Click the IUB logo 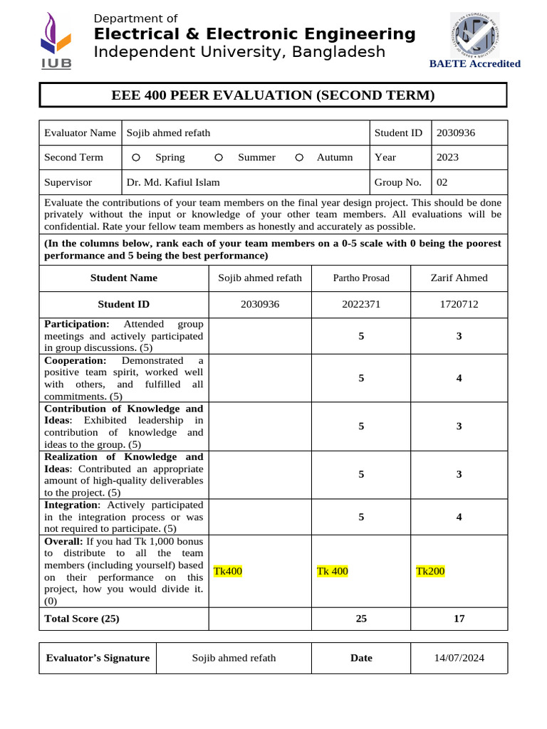pyautogui.click(x=56, y=41)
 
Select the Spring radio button pyautogui.click(x=136, y=157)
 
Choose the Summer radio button pyautogui.click(x=219, y=157)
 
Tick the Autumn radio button pyautogui.click(x=299, y=157)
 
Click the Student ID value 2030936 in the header pyautogui.click(x=455, y=132)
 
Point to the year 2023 pyautogui.click(x=447, y=157)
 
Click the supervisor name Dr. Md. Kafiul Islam pyautogui.click(x=173, y=182)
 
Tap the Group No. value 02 pyautogui.click(x=442, y=182)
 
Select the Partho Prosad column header pyautogui.click(x=361, y=278)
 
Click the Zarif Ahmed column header pyautogui.click(x=459, y=278)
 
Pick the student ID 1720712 pyautogui.click(x=459, y=304)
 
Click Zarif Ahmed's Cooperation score pyautogui.click(x=459, y=379)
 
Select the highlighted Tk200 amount pyautogui.click(x=430, y=571)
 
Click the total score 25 pyautogui.click(x=361, y=619)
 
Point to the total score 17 pyautogui.click(x=459, y=619)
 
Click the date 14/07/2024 pyautogui.click(x=459, y=658)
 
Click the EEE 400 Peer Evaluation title pyautogui.click(x=273, y=95)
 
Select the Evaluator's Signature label pyautogui.click(x=98, y=658)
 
